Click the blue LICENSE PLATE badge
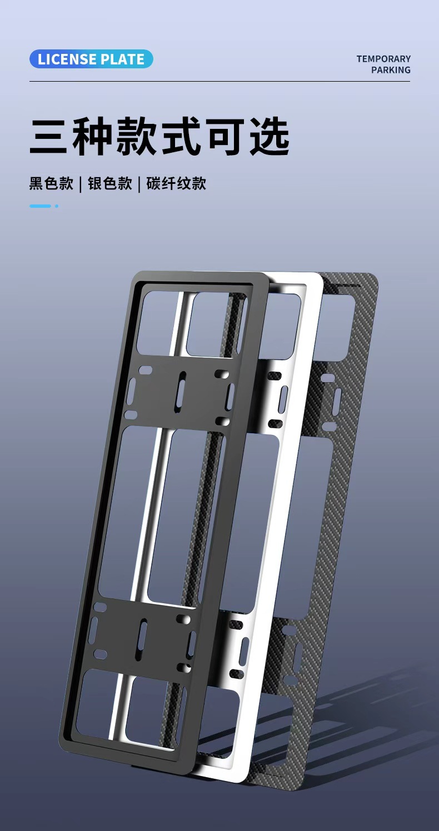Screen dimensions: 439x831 pyautogui.click(x=91, y=59)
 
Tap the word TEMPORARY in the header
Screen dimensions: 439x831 pyautogui.click(x=383, y=59)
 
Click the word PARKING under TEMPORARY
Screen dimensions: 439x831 pyautogui.click(x=391, y=70)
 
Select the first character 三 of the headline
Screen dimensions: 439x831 pyautogui.click(x=48, y=136)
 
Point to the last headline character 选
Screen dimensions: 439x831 pyautogui.click(x=270, y=136)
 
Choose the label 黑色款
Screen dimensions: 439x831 pyautogui.click(x=51, y=184)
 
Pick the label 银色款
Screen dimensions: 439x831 pyautogui.click(x=110, y=184)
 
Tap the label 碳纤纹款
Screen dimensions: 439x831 pyautogui.click(x=176, y=184)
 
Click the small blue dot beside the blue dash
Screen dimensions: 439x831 pyautogui.click(x=57, y=206)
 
